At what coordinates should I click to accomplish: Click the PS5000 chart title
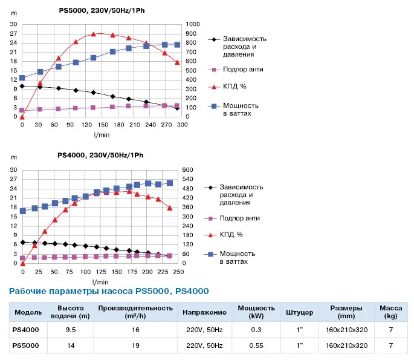click(102, 10)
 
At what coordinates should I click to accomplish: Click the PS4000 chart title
click(100, 155)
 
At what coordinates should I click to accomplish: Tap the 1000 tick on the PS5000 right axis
click(193, 24)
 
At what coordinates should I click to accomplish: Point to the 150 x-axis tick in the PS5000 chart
click(103, 125)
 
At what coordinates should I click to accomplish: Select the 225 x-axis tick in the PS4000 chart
click(163, 272)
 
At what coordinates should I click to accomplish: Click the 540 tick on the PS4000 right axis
click(187, 179)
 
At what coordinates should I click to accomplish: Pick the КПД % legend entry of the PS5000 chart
click(227, 87)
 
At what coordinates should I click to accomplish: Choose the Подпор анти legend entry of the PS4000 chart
click(232, 218)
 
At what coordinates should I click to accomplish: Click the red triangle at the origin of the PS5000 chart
click(22, 117)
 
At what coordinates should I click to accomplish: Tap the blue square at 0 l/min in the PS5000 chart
click(22, 77)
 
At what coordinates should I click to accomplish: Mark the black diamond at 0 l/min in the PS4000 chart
click(23, 243)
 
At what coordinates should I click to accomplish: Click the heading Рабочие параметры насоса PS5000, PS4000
click(109, 291)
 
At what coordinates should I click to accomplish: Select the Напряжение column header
click(204, 312)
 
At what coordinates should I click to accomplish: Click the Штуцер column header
click(299, 312)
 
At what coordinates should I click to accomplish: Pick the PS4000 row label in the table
click(25, 330)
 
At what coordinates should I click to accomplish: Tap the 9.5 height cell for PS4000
click(71, 330)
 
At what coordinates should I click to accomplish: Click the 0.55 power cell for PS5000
click(256, 345)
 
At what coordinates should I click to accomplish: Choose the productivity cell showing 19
click(135, 345)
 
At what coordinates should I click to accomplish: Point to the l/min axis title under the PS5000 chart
click(102, 135)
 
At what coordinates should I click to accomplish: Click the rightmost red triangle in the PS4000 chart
click(170, 208)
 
